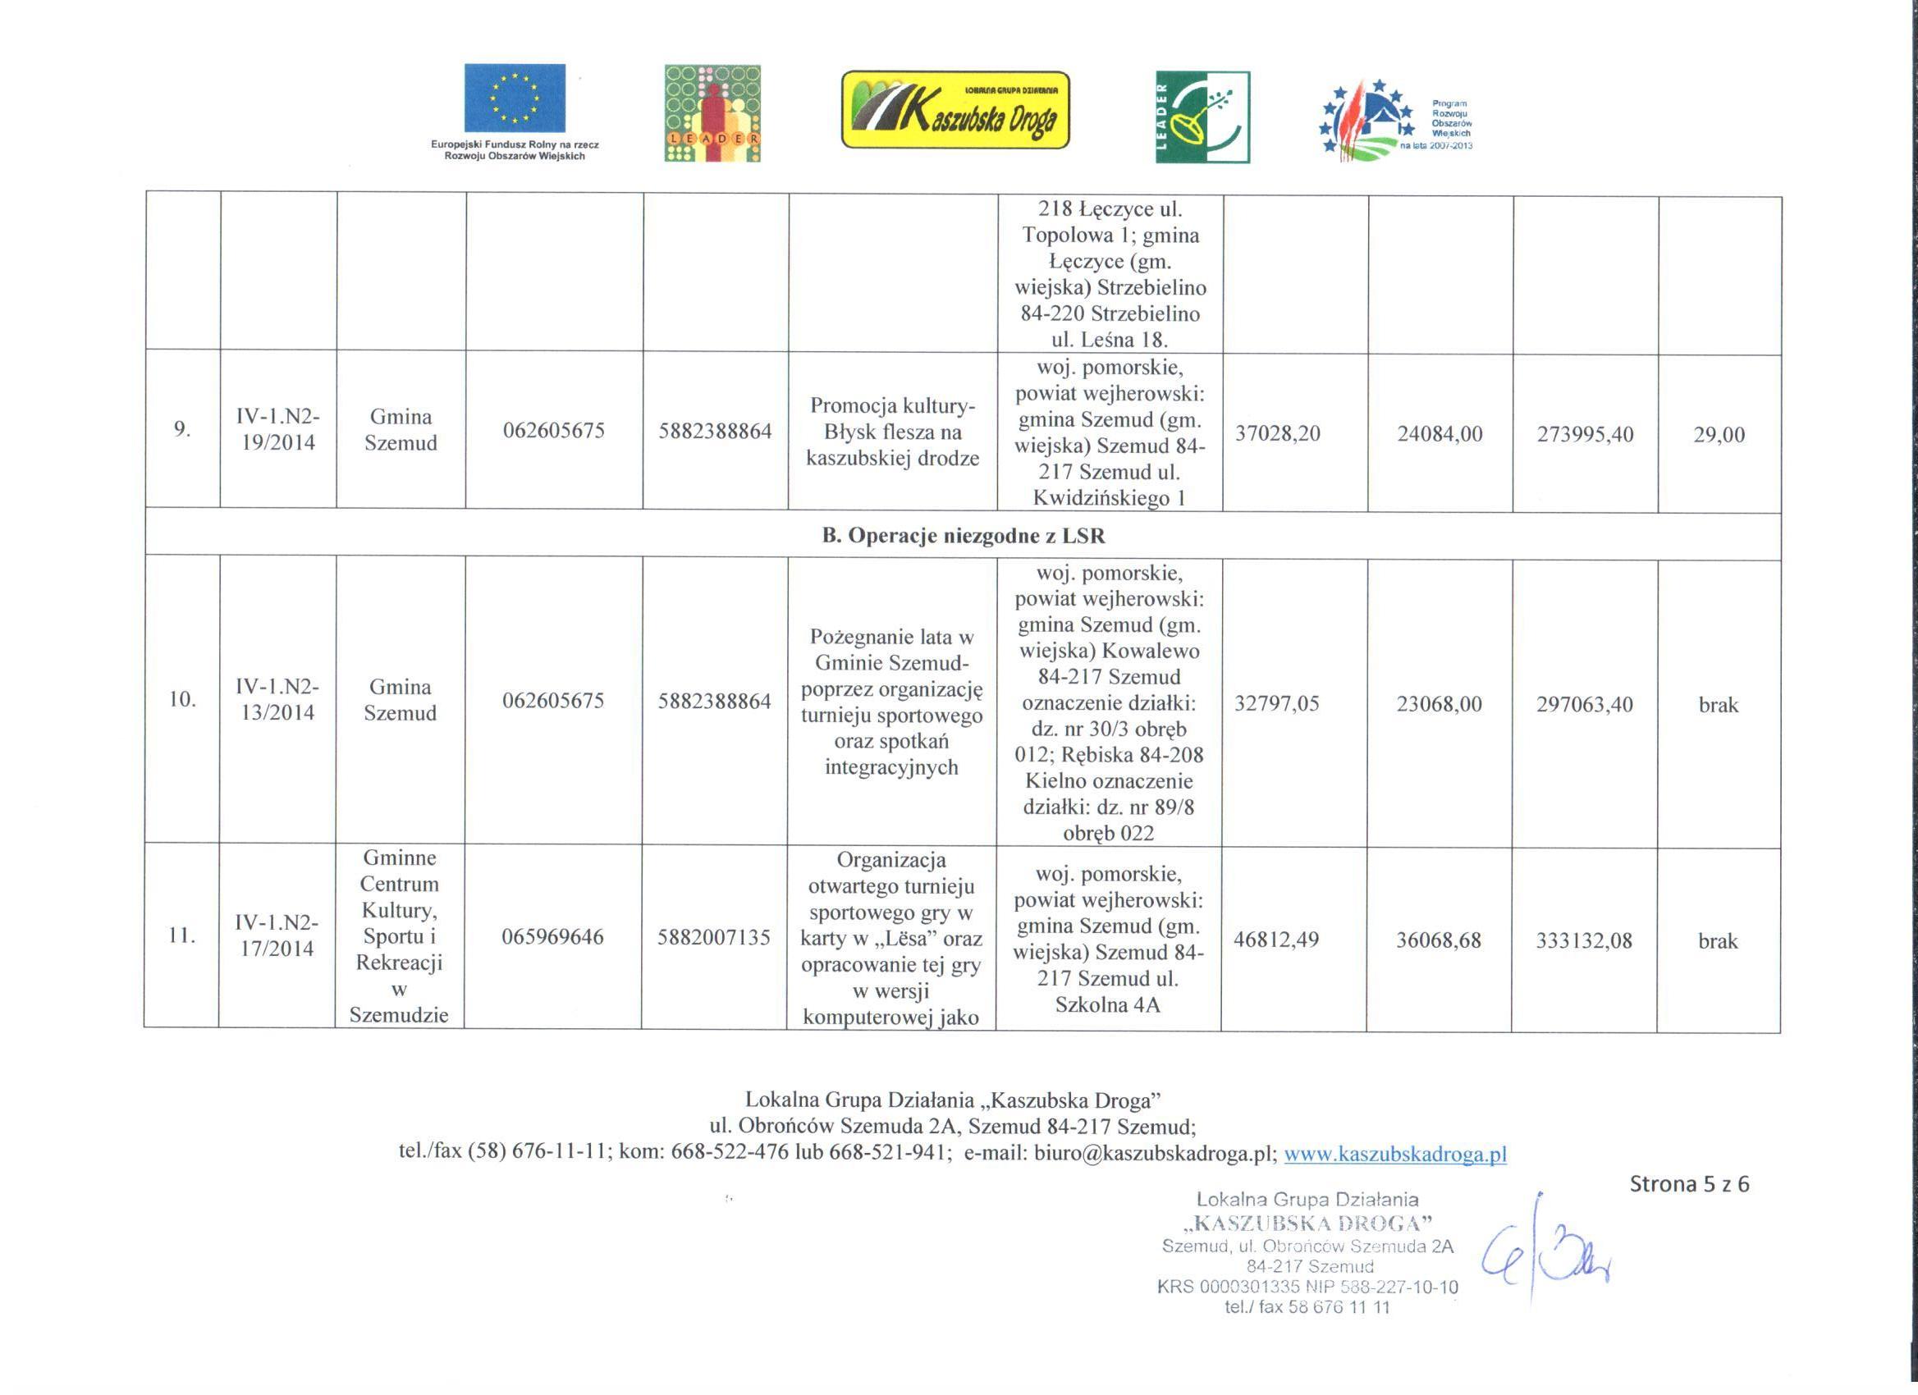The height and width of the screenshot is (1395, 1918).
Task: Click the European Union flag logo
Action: click(x=514, y=98)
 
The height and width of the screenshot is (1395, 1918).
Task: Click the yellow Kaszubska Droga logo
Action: click(x=954, y=110)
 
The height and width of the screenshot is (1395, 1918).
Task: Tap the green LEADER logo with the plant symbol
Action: click(x=1202, y=117)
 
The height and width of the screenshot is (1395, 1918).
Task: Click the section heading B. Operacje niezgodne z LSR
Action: click(x=964, y=535)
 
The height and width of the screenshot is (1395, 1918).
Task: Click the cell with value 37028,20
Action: click(x=1277, y=434)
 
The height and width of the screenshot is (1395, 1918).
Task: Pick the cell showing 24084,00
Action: click(x=1440, y=435)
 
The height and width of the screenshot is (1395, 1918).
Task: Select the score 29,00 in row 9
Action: click(x=1719, y=435)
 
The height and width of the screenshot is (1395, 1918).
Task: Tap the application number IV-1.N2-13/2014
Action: click(x=277, y=699)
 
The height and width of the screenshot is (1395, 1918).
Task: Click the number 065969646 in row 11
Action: click(x=552, y=937)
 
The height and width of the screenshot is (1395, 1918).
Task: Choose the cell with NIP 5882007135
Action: click(x=714, y=937)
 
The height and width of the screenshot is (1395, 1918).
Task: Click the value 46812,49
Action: click(x=1276, y=940)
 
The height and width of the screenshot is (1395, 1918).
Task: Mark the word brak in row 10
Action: click(x=1718, y=705)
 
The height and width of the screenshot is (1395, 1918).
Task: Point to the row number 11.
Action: click(x=182, y=935)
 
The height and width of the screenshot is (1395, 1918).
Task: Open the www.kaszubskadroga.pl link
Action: click(x=1394, y=1153)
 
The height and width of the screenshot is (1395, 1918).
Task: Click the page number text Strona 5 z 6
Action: click(x=1689, y=1184)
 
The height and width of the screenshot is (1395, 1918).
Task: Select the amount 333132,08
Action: click(x=1583, y=941)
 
